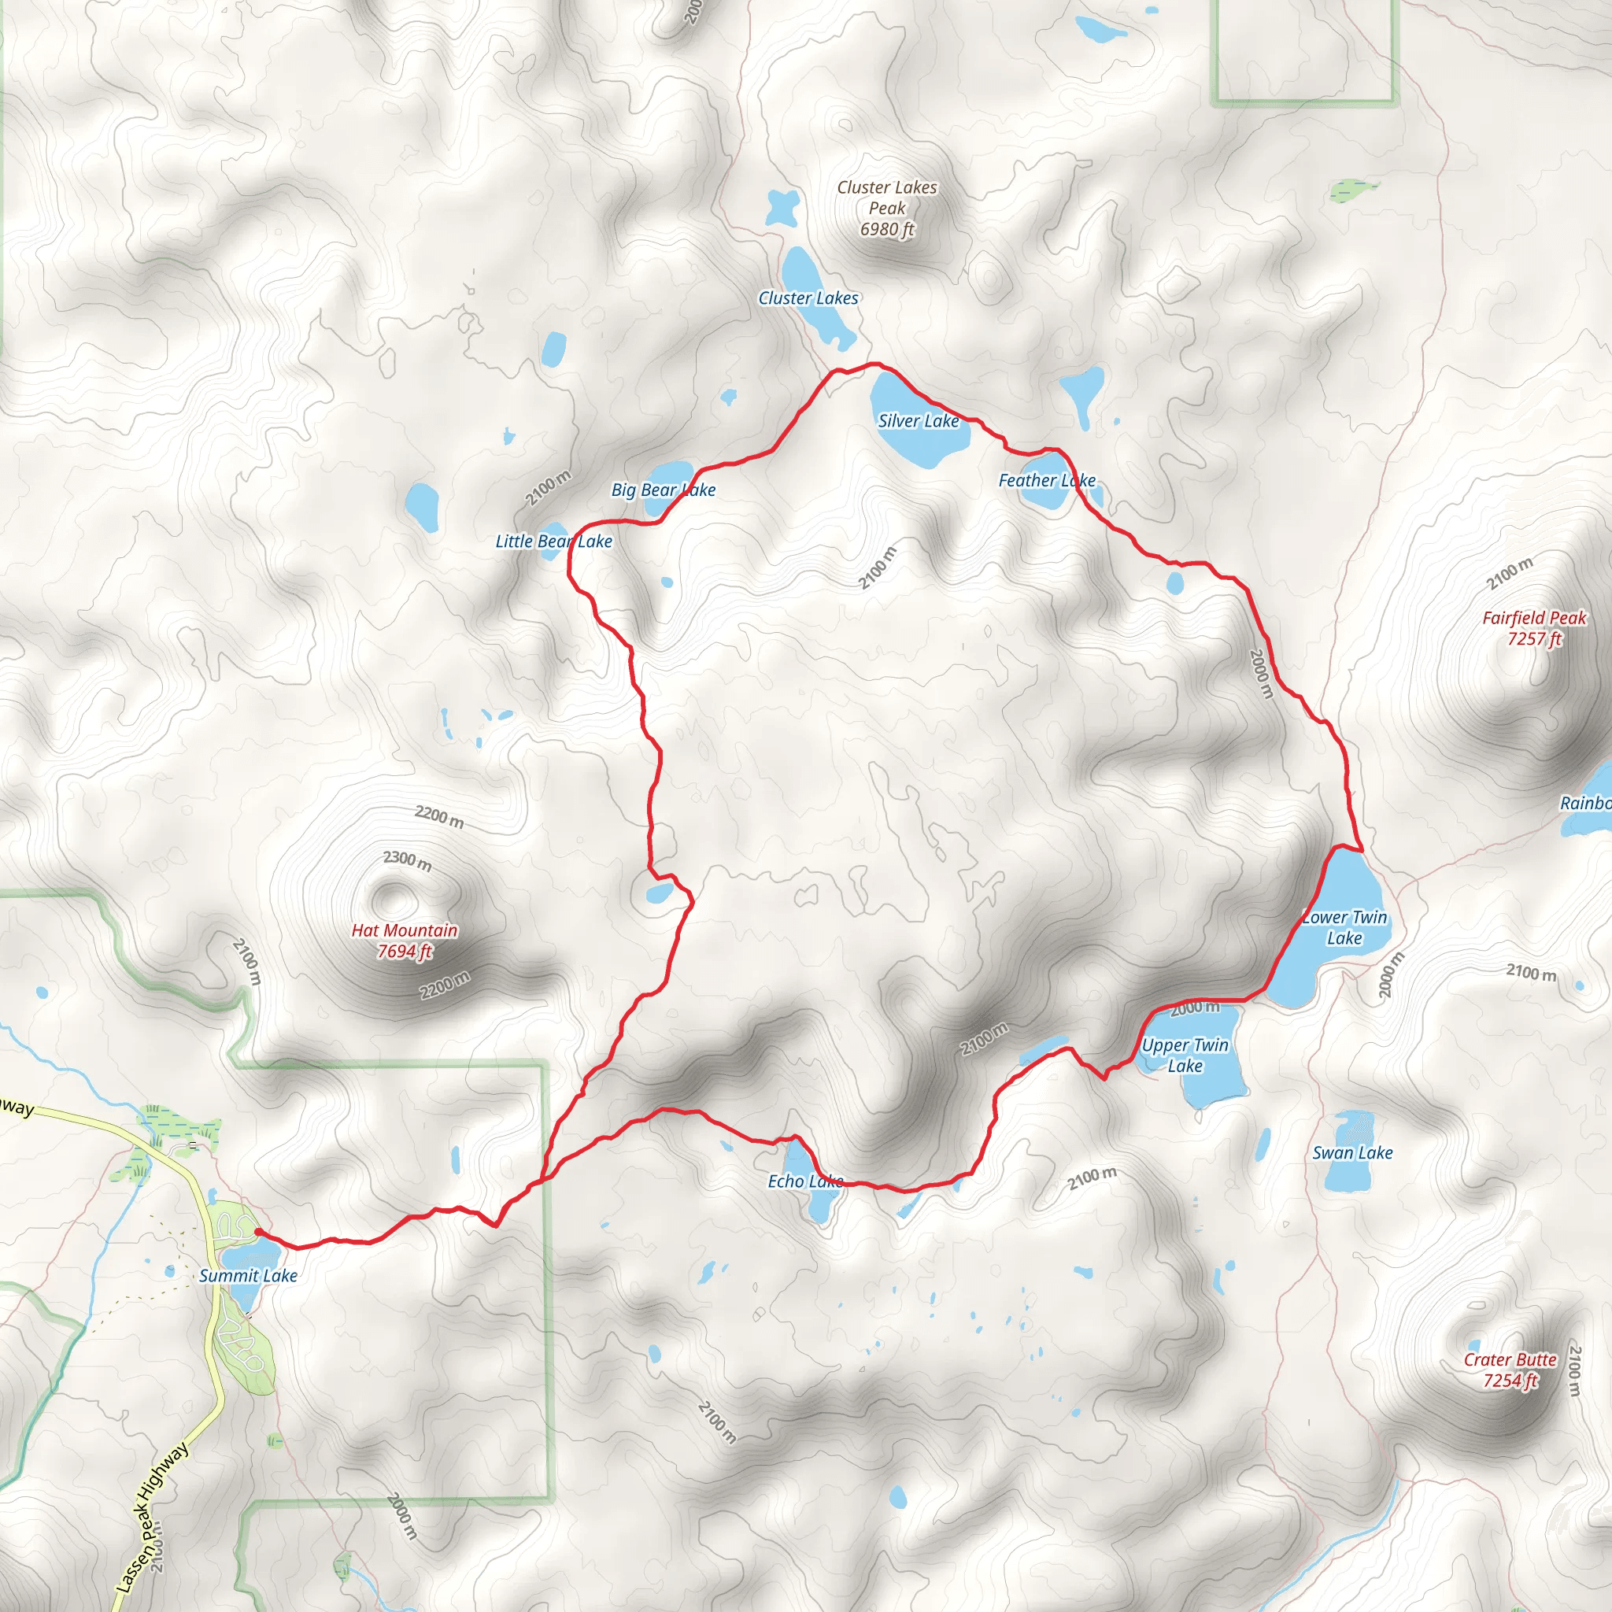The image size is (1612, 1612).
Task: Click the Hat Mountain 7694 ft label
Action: (x=405, y=941)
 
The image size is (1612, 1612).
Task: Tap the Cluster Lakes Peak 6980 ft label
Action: (x=887, y=208)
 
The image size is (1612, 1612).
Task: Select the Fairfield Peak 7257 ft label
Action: (x=1533, y=628)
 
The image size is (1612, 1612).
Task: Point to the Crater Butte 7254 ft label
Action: (x=1510, y=1370)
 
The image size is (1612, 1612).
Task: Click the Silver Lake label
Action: (x=918, y=421)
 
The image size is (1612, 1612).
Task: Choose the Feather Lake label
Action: (x=1046, y=481)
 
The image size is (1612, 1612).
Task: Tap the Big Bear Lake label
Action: (x=664, y=490)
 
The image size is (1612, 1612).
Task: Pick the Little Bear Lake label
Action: (x=554, y=542)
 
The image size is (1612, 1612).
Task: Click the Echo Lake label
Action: (x=805, y=1181)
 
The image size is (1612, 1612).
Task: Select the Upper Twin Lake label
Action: (x=1185, y=1056)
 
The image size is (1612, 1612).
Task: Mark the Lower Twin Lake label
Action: (x=1344, y=927)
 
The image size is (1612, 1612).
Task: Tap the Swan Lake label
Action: (x=1352, y=1153)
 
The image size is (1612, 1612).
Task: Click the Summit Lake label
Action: (x=248, y=1276)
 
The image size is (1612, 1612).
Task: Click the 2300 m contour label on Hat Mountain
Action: (x=407, y=860)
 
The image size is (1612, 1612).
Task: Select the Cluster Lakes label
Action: (x=808, y=298)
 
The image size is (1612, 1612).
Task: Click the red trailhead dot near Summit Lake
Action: (x=259, y=1232)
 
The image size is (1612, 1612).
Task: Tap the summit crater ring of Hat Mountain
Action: (x=389, y=898)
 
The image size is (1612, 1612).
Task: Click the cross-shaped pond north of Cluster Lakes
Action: (x=782, y=207)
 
